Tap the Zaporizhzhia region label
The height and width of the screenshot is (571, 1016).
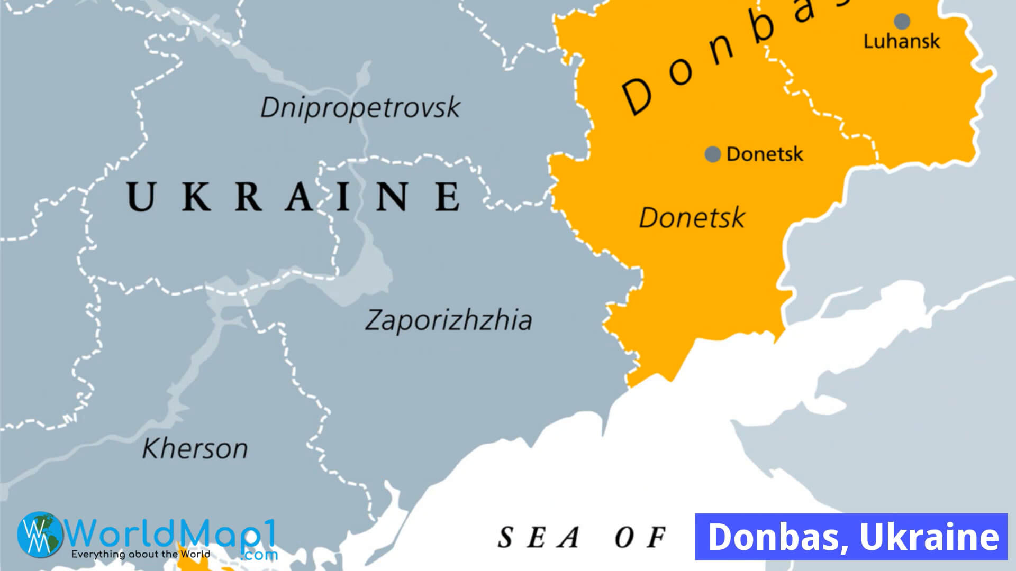click(448, 320)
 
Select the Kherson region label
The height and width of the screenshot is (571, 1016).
click(195, 449)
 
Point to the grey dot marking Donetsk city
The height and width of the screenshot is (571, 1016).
click(713, 154)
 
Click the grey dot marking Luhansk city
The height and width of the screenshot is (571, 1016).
click(902, 22)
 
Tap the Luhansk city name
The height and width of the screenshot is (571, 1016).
click(902, 41)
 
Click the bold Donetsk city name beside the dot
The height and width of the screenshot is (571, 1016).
click(765, 154)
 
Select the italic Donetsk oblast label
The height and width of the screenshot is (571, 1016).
click(692, 218)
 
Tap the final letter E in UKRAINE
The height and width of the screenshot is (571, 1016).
click(448, 196)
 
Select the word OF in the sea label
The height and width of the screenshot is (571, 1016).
click(640, 538)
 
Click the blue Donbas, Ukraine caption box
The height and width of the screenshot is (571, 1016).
click(851, 536)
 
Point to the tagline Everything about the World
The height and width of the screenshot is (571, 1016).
click(140, 555)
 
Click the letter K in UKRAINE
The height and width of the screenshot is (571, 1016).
click(196, 196)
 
